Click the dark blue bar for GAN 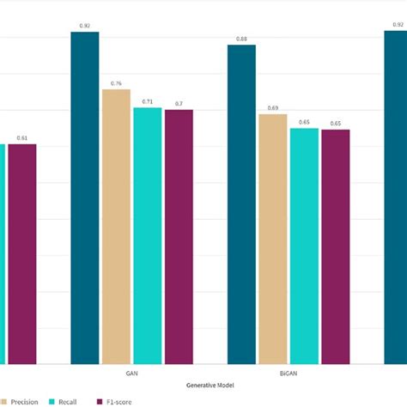pos(85,197)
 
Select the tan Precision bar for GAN pos(116,227)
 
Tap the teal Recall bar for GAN pos(147,236)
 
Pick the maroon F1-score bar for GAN pos(179,237)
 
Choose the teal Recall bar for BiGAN pos(304,246)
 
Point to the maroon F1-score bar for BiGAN pos(335,247)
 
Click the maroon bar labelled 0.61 pos(22,253)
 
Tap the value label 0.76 pos(116,83)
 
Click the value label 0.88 pos(241,39)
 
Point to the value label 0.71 pos(147,101)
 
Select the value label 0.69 pos(273,108)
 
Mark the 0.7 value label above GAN pos(179,104)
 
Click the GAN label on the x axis pos(131,374)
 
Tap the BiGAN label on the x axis pos(289,374)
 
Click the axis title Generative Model pos(210,385)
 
